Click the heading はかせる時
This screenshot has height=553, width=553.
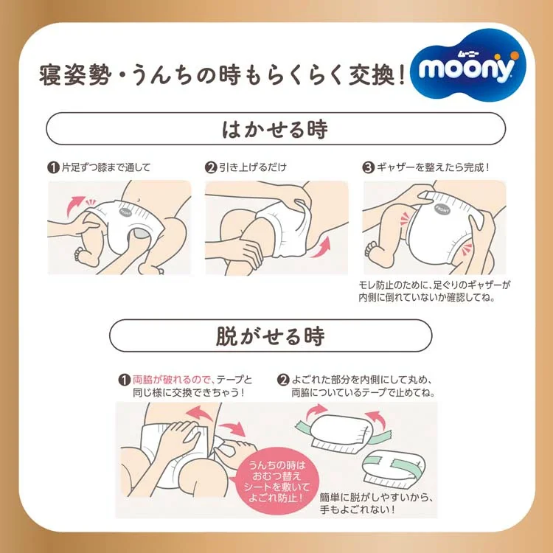click(276, 129)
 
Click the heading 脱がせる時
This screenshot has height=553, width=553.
click(276, 336)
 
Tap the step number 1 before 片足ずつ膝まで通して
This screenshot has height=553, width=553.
click(53, 167)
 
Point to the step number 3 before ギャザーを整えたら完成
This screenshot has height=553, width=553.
click(369, 167)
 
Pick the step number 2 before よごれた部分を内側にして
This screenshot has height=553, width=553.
click(282, 380)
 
